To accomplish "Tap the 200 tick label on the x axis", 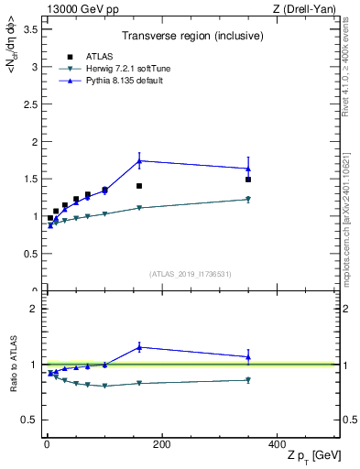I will coord(161,444).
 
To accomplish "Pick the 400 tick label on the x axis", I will coord(277,444).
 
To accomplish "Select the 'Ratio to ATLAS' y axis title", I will coord(13,364).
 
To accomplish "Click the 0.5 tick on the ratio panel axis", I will coord(29,420).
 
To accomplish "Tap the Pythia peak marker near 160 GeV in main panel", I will coord(139,161).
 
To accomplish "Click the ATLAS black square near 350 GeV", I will coord(248,180).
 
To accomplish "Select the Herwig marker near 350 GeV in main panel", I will coord(248,199).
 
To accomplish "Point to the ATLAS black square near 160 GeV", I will coord(139,186).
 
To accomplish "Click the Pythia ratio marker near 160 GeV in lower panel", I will coord(139,346).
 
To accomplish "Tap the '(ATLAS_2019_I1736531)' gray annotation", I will coord(191,274).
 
